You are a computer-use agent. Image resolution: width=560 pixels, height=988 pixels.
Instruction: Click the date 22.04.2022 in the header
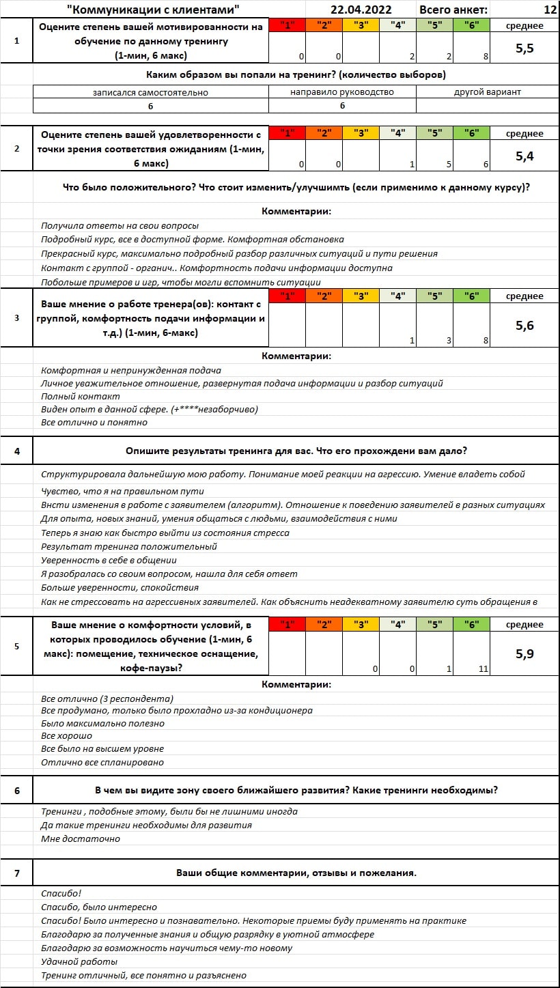click(x=360, y=10)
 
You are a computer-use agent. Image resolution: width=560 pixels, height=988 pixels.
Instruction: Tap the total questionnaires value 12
click(x=550, y=10)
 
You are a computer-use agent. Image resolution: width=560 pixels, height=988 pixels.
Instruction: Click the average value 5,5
click(x=524, y=48)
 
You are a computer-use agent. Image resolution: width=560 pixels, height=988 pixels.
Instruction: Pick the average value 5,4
click(x=524, y=156)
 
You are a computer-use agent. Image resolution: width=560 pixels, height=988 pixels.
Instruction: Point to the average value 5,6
click(x=524, y=326)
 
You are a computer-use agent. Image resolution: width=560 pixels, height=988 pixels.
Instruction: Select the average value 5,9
click(x=524, y=653)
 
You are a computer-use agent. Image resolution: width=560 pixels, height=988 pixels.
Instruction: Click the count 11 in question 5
click(x=483, y=669)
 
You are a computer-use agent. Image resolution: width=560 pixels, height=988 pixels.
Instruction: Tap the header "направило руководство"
click(x=342, y=91)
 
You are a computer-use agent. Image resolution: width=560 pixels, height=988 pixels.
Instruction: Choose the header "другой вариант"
click(x=487, y=91)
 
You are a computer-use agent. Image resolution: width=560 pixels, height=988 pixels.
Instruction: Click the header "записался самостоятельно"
click(x=150, y=91)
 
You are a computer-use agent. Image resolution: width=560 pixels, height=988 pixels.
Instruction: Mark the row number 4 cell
click(x=17, y=451)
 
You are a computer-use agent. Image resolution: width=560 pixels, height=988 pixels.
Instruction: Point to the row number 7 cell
click(x=17, y=873)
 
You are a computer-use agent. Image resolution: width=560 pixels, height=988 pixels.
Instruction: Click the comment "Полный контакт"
click(x=81, y=396)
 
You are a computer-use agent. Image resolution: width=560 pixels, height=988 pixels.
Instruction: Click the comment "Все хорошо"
click(x=66, y=736)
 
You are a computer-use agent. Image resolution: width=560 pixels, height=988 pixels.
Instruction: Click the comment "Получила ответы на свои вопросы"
click(x=120, y=225)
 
